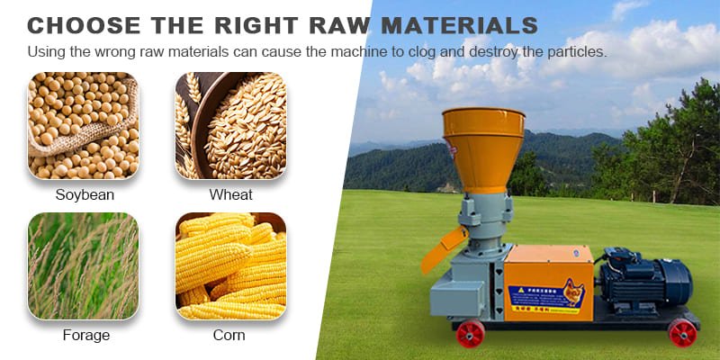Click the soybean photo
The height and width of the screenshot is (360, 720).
pyautogui.click(x=83, y=126)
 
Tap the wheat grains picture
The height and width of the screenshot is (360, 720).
pyautogui.click(x=230, y=126)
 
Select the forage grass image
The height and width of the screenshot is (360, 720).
pyautogui.click(x=83, y=265)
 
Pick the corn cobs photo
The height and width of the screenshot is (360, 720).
pyautogui.click(x=230, y=265)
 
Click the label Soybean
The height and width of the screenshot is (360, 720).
pyautogui.click(x=83, y=194)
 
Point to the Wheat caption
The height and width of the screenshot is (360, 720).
pyautogui.click(x=230, y=194)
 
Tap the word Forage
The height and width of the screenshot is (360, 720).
pyautogui.click(x=85, y=335)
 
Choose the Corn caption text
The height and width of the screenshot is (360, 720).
pyautogui.click(x=229, y=335)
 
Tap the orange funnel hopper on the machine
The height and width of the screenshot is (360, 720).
pyautogui.click(x=483, y=144)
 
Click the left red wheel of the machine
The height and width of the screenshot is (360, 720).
pyautogui.click(x=470, y=334)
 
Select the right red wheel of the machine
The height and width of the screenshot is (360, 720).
pyautogui.click(x=682, y=333)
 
